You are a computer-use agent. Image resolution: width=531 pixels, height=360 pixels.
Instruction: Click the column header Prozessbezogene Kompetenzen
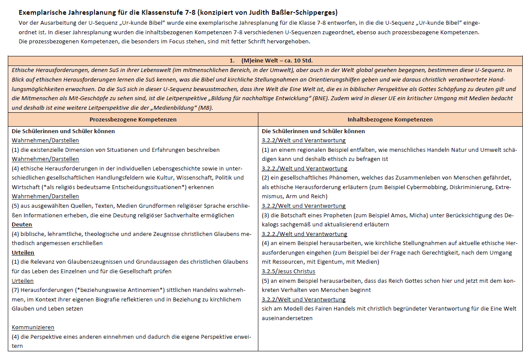pyautogui.click(x=133, y=119)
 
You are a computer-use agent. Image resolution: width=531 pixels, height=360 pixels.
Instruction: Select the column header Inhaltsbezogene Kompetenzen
pyautogui.click(x=390, y=119)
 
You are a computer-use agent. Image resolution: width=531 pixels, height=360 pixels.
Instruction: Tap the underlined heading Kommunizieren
pyautogui.click(x=33, y=327)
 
